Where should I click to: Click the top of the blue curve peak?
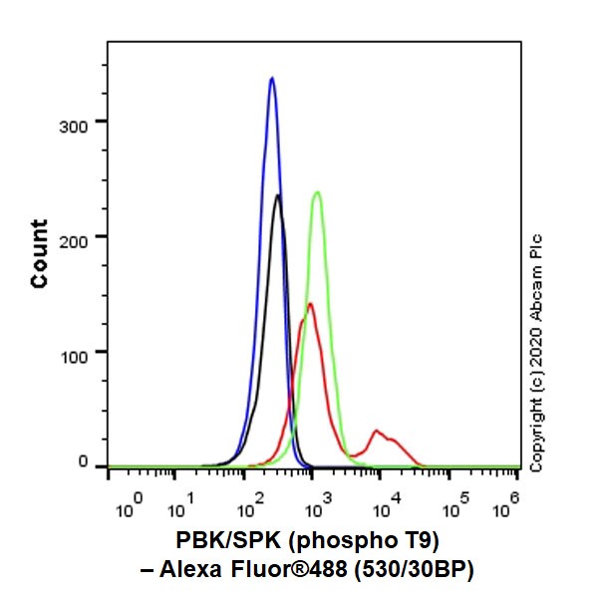(x=271, y=78)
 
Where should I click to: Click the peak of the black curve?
(x=278, y=195)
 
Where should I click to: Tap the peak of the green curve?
(x=317, y=192)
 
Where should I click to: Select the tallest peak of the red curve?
(x=310, y=304)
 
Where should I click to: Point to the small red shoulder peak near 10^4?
(x=377, y=431)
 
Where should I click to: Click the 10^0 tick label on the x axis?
(x=131, y=508)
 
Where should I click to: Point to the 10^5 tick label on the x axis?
(x=455, y=508)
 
